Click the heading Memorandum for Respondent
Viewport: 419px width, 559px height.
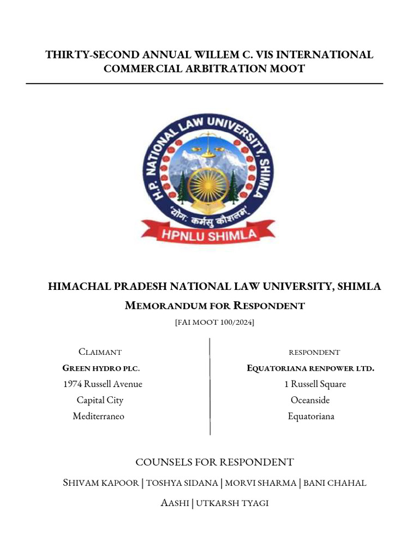tap(214, 305)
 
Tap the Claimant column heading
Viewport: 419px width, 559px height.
tap(100, 352)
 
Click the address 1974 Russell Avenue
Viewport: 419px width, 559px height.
tap(103, 384)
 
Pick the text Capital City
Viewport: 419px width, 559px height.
tap(100, 400)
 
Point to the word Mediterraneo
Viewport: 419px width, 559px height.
tap(98, 417)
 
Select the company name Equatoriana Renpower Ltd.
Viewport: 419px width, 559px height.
tap(310, 368)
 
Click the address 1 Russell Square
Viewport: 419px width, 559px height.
tap(315, 384)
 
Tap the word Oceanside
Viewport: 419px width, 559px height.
tap(310, 400)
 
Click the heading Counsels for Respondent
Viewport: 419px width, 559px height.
tap(214, 462)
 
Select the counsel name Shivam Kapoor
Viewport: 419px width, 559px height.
tap(101, 483)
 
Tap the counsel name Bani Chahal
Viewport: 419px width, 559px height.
tap(334, 483)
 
